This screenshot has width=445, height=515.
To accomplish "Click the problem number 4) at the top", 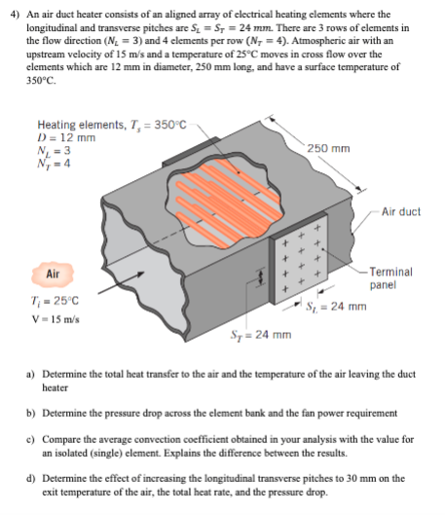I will pos(12,14).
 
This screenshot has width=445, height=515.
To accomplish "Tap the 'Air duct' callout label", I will pos(400,212).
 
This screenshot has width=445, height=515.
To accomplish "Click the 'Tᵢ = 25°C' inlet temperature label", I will pos(59,297).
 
